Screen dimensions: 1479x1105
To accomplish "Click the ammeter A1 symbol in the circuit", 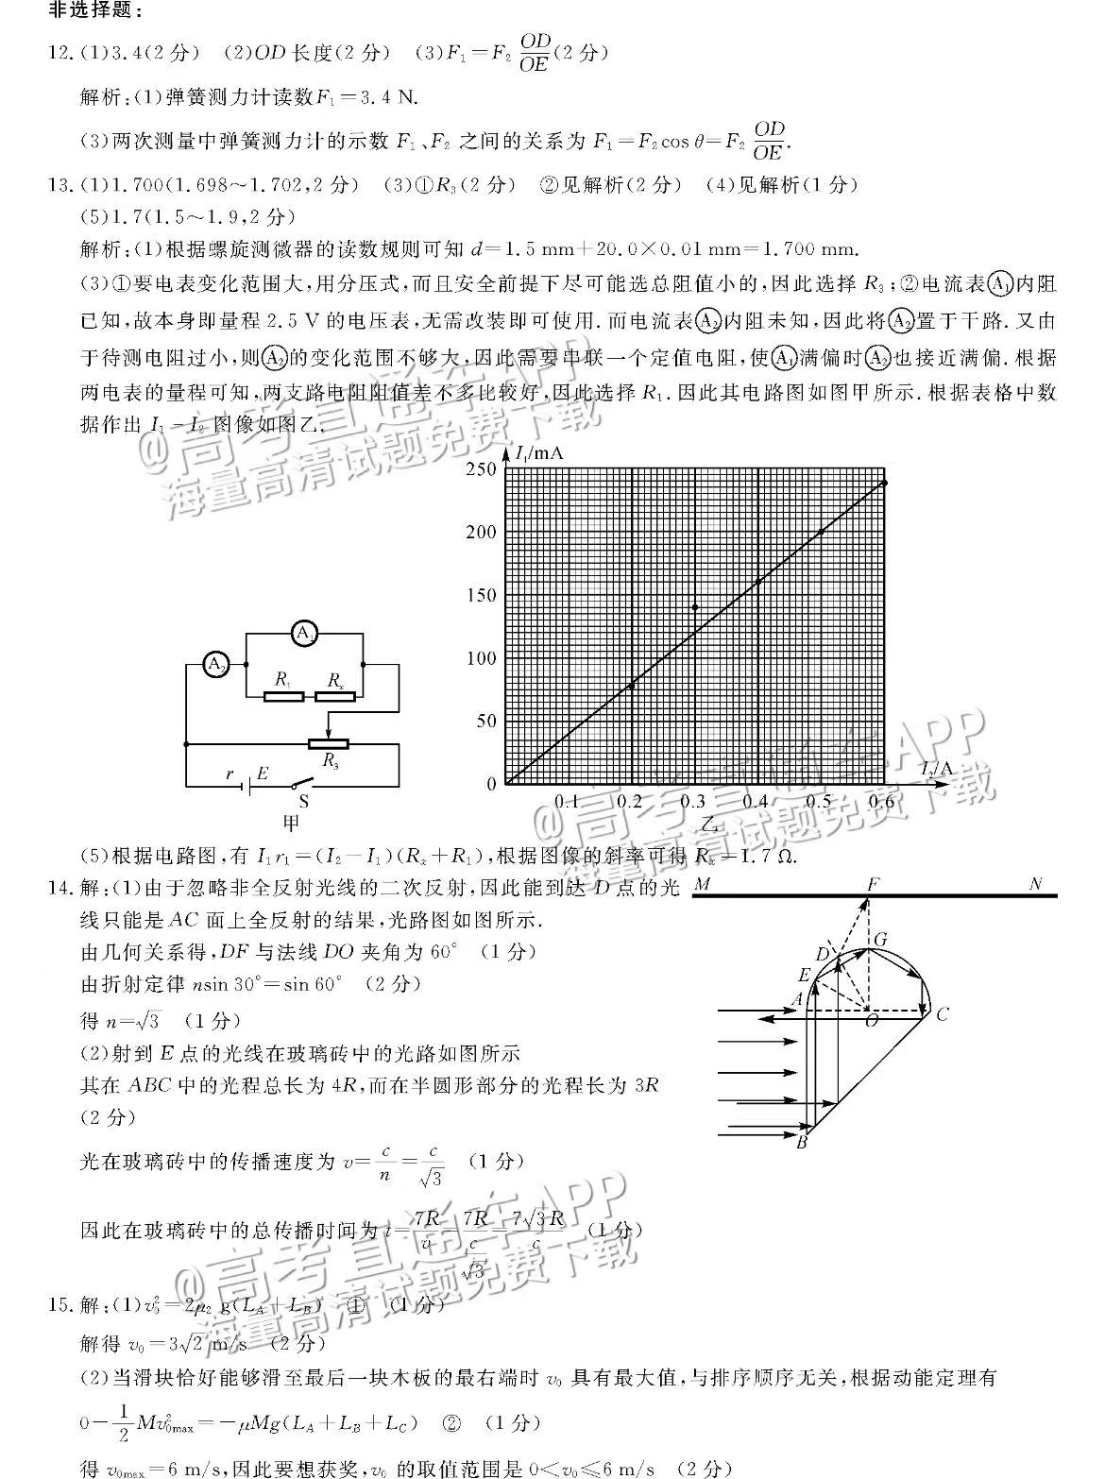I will coord(303,633).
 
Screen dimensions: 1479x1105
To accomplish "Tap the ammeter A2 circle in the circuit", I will coord(216,665).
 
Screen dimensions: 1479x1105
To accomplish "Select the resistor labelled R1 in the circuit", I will coord(283,696).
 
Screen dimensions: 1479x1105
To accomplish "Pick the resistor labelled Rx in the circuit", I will coord(335,696).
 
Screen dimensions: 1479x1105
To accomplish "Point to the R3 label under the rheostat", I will coord(331,758).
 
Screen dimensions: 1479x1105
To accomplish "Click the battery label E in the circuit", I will coord(263,773).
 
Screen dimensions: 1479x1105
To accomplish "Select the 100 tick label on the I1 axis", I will coord(481,658).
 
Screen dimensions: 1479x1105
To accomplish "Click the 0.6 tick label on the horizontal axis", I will coord(881,802).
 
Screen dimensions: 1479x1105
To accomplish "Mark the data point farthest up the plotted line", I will coord(884,483).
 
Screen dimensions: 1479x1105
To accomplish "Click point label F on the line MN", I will coord(873,885).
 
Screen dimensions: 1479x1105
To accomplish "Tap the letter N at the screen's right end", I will coord(1036,885).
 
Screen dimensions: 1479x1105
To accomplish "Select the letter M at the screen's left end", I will coord(702,885).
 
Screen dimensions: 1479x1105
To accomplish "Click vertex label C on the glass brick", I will coord(942,1014).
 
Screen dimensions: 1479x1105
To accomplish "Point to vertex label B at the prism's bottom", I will coord(802,1143).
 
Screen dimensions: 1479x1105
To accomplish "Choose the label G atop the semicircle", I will coord(880,939).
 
